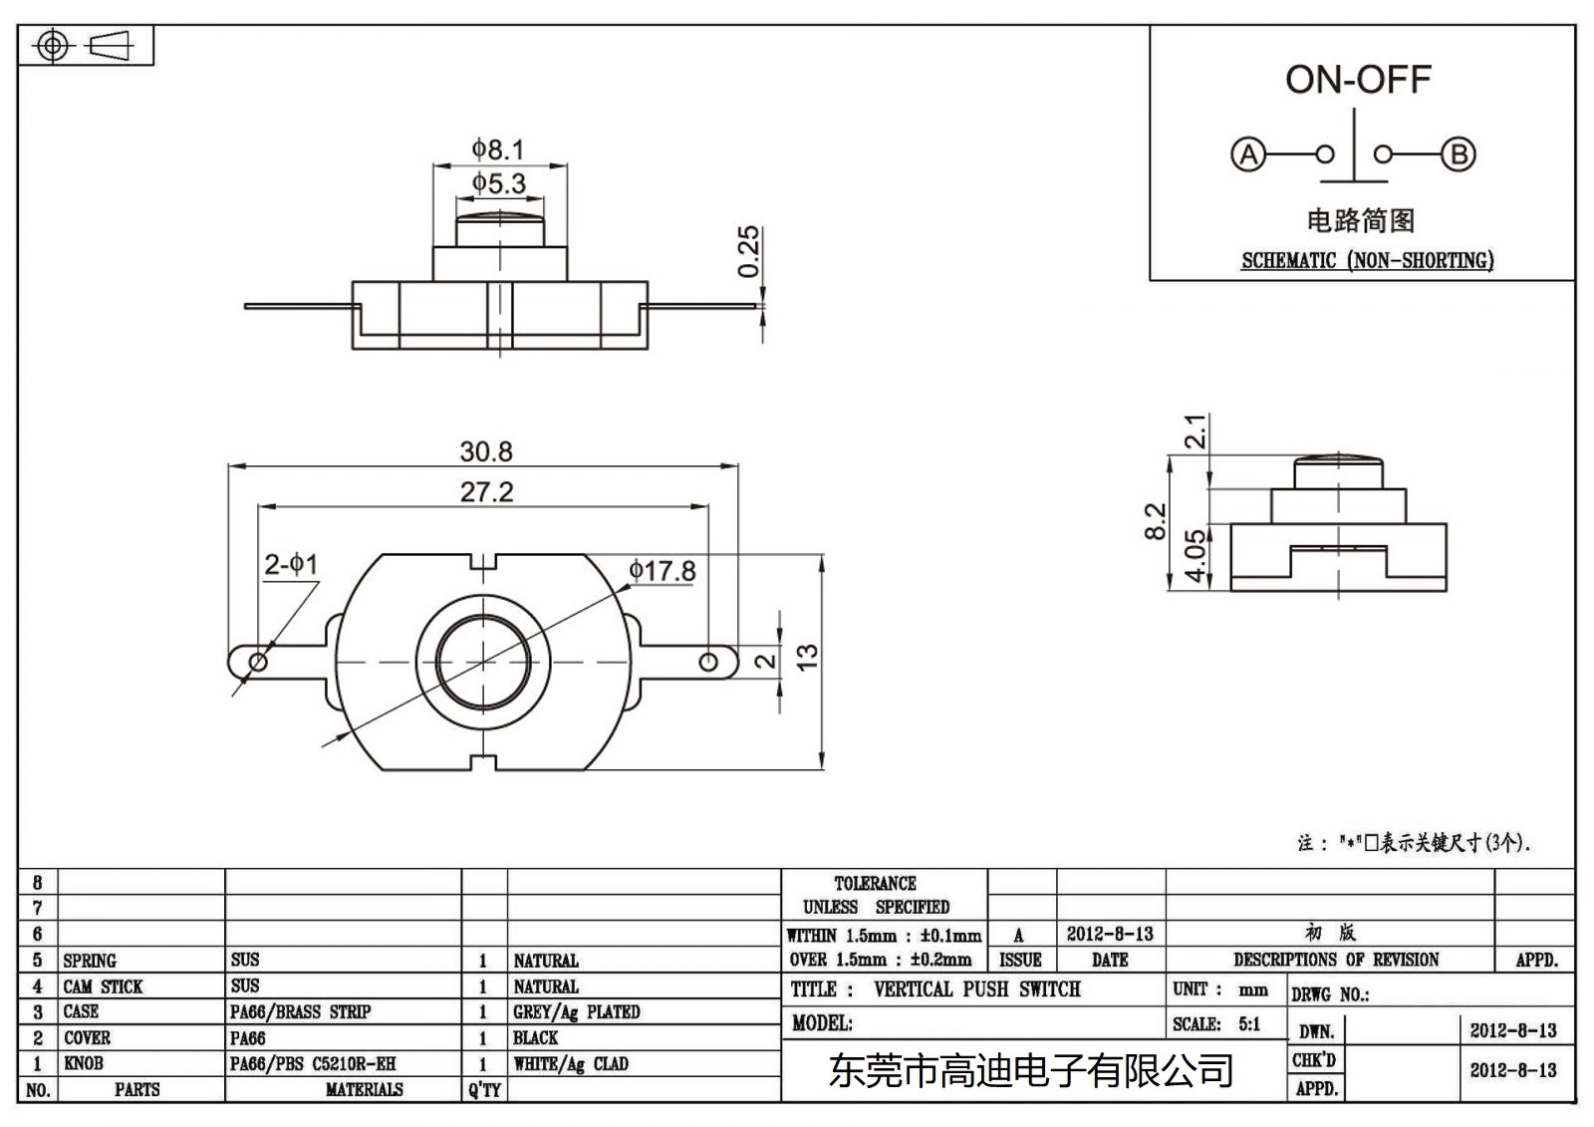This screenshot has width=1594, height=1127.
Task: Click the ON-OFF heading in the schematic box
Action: [x=1357, y=80]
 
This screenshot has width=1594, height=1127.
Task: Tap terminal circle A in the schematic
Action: [x=1247, y=154]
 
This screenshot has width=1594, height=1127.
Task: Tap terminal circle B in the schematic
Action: [x=1459, y=154]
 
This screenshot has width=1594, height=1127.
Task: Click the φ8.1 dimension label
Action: [x=498, y=149]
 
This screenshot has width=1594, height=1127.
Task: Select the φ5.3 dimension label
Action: [x=498, y=183]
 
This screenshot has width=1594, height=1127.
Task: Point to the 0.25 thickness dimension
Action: [x=748, y=251]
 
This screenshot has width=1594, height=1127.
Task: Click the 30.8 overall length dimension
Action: [x=485, y=451]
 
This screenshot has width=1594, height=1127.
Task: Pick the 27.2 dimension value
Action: [x=486, y=492]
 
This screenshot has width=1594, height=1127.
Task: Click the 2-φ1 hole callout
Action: [x=290, y=565]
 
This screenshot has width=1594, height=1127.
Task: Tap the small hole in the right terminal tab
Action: [x=708, y=662]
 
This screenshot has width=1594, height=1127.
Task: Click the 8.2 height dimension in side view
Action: [x=1155, y=521]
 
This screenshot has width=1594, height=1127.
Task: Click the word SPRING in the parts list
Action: [x=90, y=961]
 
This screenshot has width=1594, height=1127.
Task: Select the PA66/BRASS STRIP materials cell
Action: [x=300, y=1011]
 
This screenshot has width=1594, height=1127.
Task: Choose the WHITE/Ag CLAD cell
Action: [x=571, y=1063]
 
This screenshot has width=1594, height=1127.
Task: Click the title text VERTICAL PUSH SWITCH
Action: [x=976, y=989]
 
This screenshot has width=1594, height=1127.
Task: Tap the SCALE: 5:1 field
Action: [x=1216, y=1023]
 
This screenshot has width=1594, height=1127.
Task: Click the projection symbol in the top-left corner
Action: [x=85, y=46]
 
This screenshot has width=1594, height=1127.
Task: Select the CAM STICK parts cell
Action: [x=103, y=986]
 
